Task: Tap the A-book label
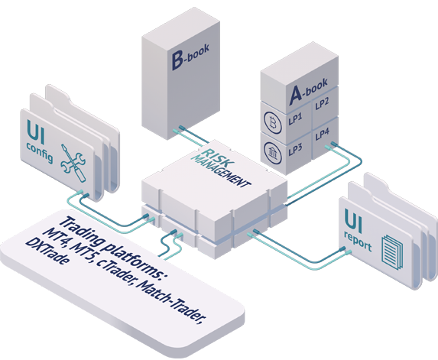pos(308,92)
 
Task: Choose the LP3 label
pos(295,150)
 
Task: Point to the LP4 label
pos(323,134)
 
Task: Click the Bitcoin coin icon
pos(273,122)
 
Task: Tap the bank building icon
pos(273,153)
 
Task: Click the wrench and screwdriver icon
pos(73,163)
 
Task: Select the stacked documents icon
pos(392,252)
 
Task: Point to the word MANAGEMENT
pos(221,170)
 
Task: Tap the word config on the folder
pos(40,153)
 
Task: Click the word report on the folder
pos(358,241)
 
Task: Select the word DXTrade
pos(47,251)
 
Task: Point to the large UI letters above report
pos(353,221)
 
